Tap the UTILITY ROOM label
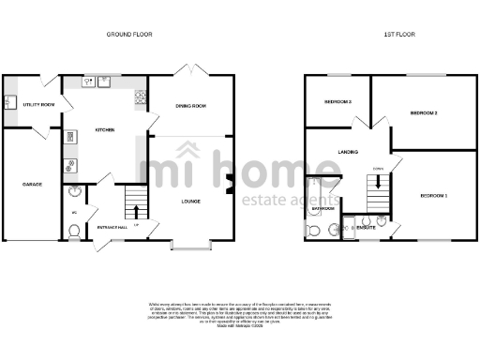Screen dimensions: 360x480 coord(38,104)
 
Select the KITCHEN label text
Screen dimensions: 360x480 coord(104,129)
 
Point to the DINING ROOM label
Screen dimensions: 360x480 coord(190,107)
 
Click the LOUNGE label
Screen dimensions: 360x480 coord(190,200)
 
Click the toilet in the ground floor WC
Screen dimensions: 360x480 coord(74,232)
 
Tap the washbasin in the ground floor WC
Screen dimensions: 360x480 coord(75,193)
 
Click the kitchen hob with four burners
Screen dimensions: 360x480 coord(141,95)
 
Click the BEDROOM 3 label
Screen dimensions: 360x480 coord(337,101)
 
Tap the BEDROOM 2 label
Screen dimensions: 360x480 coord(424,112)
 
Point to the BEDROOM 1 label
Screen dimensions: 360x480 coord(433,195)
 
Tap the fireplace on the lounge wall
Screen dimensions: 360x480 coord(229,184)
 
